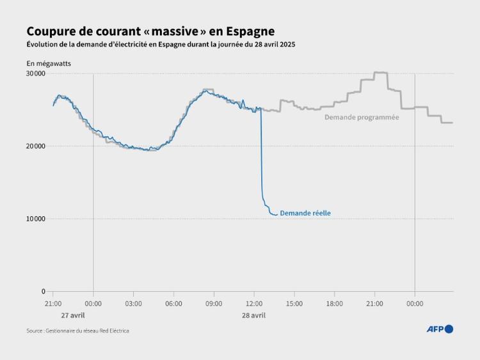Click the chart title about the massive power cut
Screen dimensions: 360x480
[150, 31]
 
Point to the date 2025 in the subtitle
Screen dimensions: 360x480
[287, 44]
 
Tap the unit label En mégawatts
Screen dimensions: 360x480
[48, 63]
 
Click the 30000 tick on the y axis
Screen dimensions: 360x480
[35, 74]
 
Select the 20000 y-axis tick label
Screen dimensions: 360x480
[35, 146]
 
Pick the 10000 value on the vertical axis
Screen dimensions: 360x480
[35, 219]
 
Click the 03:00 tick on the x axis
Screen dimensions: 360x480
[133, 303]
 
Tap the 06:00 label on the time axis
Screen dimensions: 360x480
[173, 303]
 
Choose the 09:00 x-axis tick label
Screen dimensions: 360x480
[214, 303]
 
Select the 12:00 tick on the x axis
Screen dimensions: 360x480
[254, 303]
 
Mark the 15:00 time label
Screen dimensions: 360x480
[294, 303]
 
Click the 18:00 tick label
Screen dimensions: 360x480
[335, 303]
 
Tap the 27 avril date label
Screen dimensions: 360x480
[73, 315]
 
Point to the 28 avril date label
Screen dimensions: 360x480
[254, 315]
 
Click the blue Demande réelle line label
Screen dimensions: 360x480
[305, 214]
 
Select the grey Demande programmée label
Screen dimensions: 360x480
[362, 117]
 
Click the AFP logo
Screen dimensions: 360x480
[440, 329]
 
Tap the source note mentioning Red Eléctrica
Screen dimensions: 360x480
[77, 331]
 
